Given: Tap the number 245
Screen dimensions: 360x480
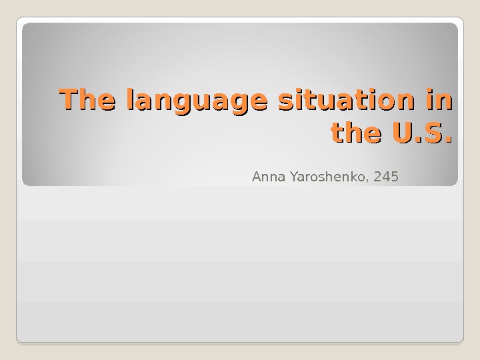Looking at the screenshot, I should click(387, 177).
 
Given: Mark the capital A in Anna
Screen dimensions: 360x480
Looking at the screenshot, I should click(256, 177).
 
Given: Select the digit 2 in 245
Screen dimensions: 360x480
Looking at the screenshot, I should click(379, 177).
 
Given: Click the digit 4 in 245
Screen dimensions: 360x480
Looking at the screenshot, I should click(387, 177).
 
